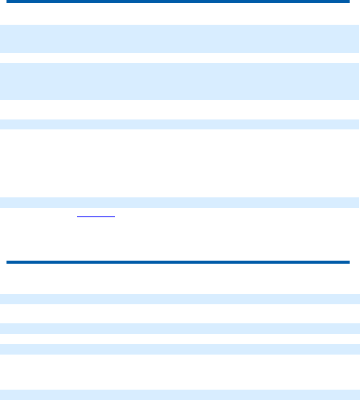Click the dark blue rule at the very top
click(178, 1)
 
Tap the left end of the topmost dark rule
click(7, 1)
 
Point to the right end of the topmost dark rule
click(348, 1)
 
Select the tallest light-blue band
click(180, 81)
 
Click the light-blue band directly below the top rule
click(180, 39)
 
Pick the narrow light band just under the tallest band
click(180, 124)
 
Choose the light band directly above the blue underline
click(180, 202)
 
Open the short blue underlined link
click(96, 215)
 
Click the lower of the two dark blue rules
click(178, 262)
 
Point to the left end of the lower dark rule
click(7, 262)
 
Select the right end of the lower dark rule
click(348, 262)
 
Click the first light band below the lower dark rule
click(180, 299)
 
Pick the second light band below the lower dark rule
click(180, 328)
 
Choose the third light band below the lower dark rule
click(180, 349)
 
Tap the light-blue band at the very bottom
click(180, 394)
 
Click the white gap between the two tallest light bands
click(180, 58)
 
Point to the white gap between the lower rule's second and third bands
click(180, 339)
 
